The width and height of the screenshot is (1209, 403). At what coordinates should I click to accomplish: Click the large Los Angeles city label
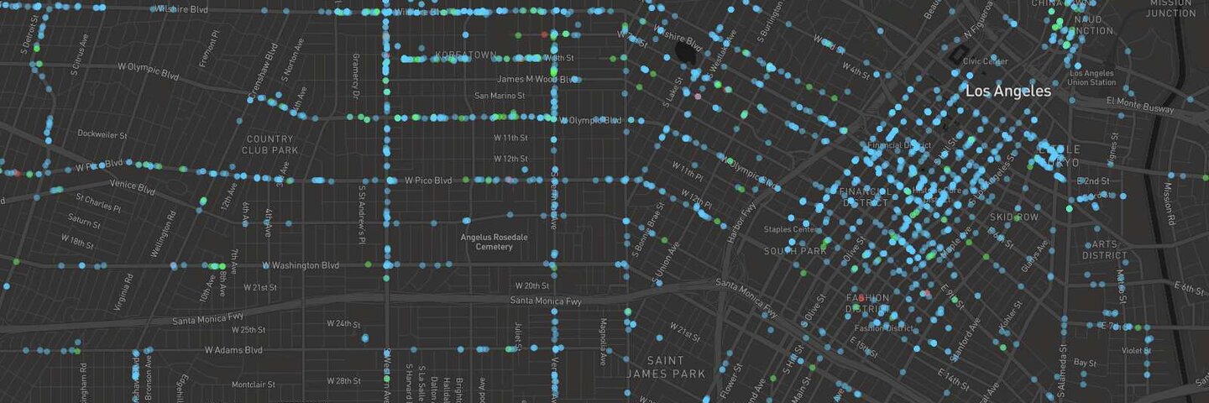pos(1007,91)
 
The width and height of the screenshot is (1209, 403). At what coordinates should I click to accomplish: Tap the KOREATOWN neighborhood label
pos(466,55)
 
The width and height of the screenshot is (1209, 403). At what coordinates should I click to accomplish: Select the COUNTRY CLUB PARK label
pos(270,144)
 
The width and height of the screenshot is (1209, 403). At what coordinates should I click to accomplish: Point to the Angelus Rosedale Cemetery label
pos(495,242)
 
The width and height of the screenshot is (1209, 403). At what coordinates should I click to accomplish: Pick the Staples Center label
pos(789,229)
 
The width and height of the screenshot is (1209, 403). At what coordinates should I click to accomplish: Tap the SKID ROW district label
pos(1014,217)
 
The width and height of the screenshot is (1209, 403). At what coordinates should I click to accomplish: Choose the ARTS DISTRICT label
pos(1104,249)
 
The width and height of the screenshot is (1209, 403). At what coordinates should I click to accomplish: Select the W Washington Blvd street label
pos(301,265)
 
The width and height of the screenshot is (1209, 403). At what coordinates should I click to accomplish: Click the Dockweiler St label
pos(102,133)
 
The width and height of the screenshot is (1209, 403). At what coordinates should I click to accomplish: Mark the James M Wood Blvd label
pos(537,79)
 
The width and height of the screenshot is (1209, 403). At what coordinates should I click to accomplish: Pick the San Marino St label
pos(500,96)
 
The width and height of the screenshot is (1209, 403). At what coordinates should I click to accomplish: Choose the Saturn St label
pos(84,223)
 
